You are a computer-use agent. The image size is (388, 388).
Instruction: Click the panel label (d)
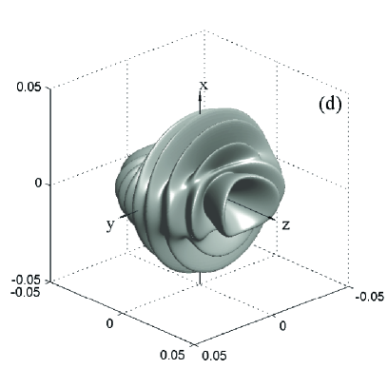(330, 105)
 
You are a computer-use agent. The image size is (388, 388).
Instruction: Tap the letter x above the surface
(204, 86)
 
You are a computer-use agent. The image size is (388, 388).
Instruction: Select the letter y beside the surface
(110, 225)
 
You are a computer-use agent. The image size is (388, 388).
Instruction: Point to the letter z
(285, 225)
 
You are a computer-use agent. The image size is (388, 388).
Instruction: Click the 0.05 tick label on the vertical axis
(29, 87)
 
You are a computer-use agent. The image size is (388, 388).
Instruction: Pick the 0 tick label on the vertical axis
(38, 184)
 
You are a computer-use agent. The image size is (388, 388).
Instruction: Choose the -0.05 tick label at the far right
(370, 297)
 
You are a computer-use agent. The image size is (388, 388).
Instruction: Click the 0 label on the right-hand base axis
(283, 325)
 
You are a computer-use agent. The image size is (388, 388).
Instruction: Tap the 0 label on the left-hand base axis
(109, 323)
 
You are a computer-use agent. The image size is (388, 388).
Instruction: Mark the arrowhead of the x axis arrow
(200, 95)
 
